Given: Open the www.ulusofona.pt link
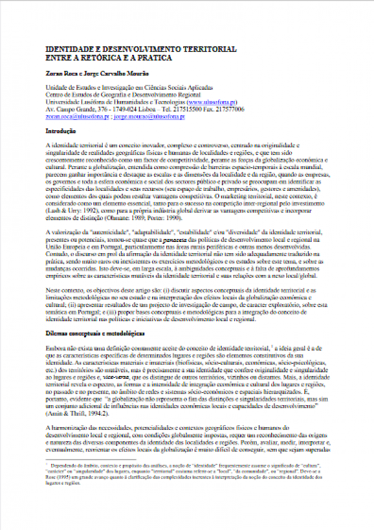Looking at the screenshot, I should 213,102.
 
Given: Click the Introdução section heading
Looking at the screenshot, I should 61,132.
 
